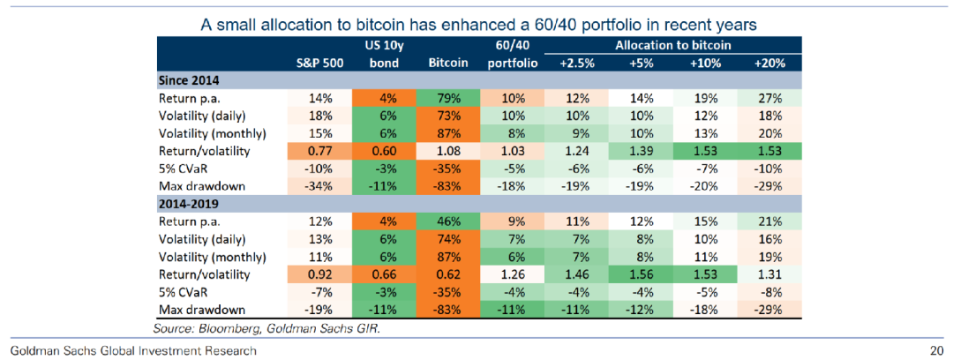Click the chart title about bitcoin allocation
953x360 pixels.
tap(478, 24)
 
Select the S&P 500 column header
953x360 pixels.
tap(319, 64)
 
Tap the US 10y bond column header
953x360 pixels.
tap(383, 54)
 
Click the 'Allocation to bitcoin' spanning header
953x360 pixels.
tap(673, 44)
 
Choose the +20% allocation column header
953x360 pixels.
tap(769, 64)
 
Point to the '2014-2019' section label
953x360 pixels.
tap(189, 204)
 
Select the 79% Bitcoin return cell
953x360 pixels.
tap(447, 99)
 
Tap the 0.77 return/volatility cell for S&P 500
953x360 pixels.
tap(319, 151)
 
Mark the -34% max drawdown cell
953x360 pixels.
tap(319, 186)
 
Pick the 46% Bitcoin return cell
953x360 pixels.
tap(447, 221)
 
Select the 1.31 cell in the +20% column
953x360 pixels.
tap(769, 274)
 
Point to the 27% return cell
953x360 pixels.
tap(769, 99)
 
